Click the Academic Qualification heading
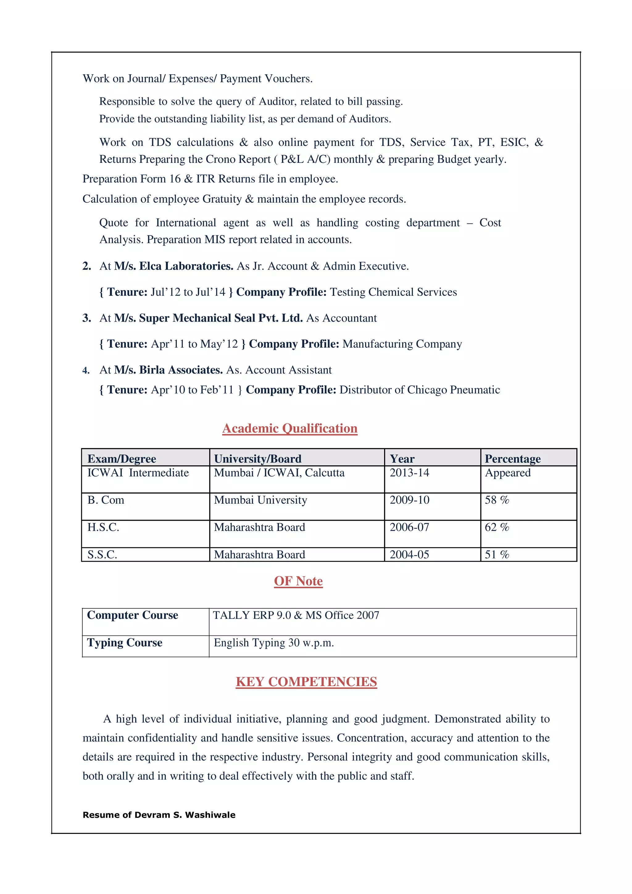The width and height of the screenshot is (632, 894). (290, 428)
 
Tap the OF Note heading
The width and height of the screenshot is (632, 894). (298, 581)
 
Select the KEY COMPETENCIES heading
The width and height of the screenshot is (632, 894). (306, 682)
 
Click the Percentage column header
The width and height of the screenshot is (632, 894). (513, 459)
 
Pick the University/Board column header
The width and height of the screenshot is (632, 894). (257, 459)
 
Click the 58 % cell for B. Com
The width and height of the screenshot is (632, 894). (497, 500)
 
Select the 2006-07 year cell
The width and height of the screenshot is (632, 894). (409, 527)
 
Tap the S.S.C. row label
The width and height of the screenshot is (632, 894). (102, 554)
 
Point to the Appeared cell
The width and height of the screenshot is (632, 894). (507, 473)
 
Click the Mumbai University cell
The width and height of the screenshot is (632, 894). (260, 500)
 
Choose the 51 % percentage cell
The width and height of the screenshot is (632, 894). (497, 554)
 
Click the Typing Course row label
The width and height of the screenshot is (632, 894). (125, 643)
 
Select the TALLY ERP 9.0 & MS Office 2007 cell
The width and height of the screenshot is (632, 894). (296, 615)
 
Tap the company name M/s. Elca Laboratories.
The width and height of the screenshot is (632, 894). (174, 266)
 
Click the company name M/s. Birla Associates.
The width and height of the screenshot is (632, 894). (168, 370)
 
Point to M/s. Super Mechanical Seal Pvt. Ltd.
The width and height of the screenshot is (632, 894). (208, 318)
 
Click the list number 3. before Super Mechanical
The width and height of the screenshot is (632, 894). (86, 318)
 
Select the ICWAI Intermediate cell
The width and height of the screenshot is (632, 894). (138, 473)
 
